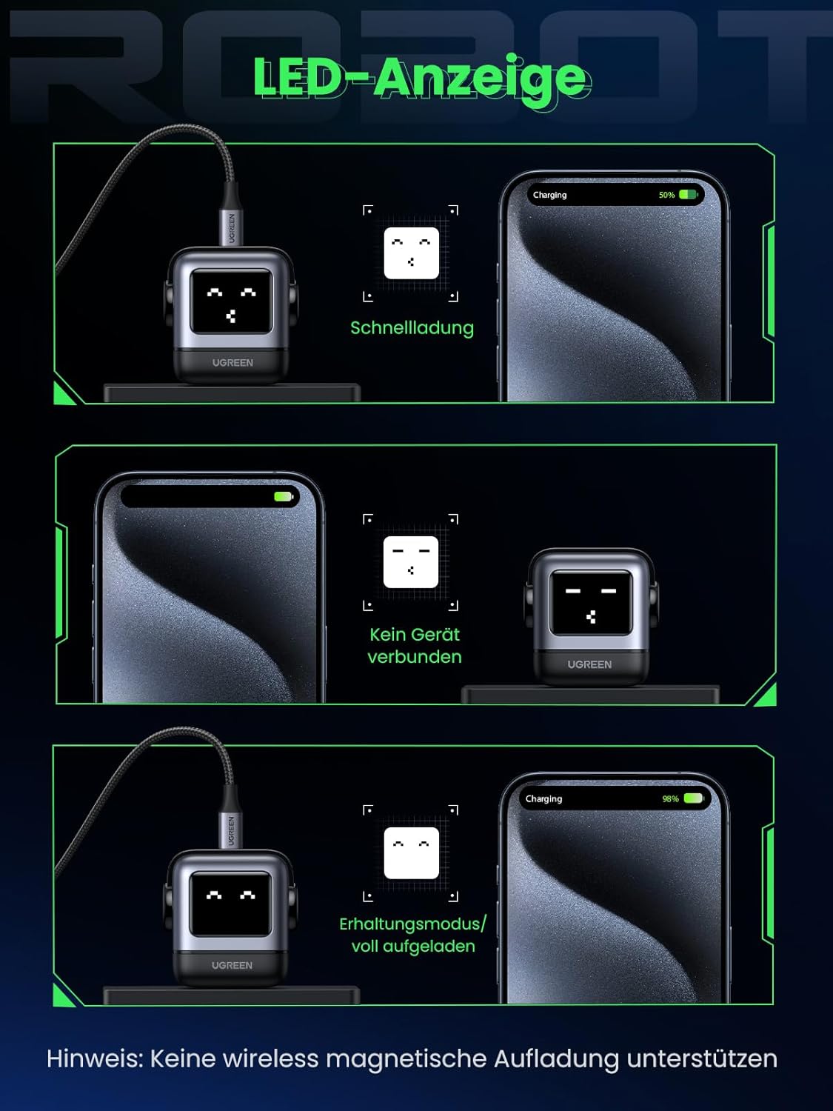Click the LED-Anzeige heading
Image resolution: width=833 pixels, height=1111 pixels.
click(x=421, y=78)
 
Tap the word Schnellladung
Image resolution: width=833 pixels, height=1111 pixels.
click(x=412, y=328)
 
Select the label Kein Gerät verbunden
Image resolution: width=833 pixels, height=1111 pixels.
click(x=415, y=646)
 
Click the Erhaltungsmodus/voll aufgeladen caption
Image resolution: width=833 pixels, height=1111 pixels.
click(x=413, y=935)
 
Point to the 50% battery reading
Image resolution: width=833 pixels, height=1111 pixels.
click(x=666, y=196)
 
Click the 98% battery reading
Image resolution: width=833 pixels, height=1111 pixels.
click(x=670, y=799)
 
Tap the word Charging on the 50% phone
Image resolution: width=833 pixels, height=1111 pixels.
click(x=549, y=196)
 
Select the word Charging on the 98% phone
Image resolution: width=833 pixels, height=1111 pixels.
click(x=543, y=799)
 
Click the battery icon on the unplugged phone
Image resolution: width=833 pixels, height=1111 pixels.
click(x=284, y=497)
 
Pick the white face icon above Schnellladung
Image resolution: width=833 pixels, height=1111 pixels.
click(x=412, y=253)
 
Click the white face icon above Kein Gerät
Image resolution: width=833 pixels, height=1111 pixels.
click(x=411, y=562)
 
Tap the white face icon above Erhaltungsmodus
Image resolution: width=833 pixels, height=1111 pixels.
click(x=412, y=853)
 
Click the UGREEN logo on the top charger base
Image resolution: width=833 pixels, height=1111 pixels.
click(x=232, y=363)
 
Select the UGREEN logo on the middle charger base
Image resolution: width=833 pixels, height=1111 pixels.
click(x=589, y=664)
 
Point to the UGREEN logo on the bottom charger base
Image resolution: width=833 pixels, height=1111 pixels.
click(x=232, y=966)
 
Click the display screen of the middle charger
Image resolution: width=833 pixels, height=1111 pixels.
click(x=591, y=603)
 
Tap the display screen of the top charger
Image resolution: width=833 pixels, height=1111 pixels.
click(x=231, y=302)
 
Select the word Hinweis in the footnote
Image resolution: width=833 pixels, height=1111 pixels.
click(x=94, y=1059)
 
